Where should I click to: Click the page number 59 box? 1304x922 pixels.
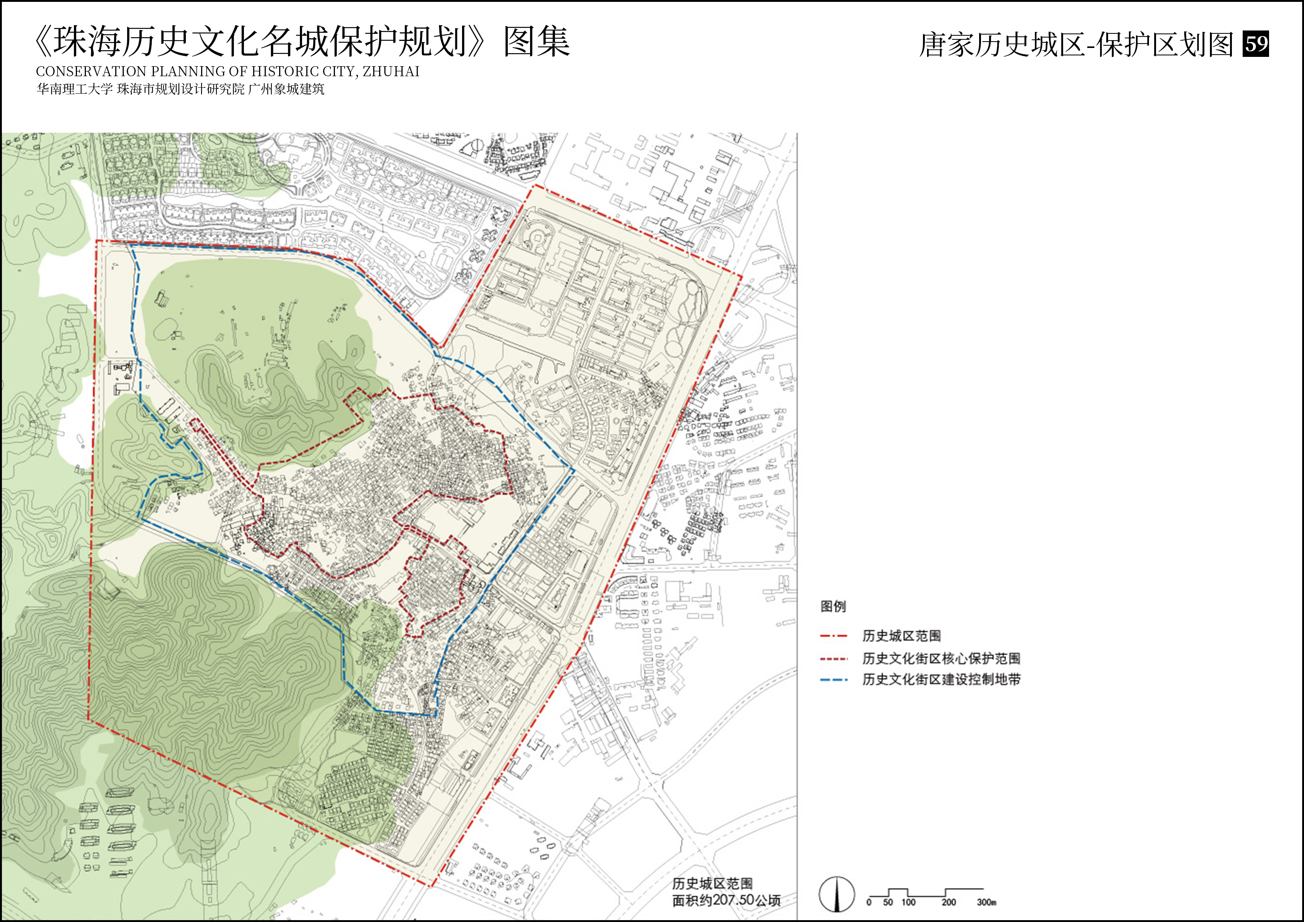click(x=1256, y=44)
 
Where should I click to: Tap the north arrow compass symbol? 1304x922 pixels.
click(x=837, y=894)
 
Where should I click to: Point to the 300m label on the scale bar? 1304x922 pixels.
click(x=987, y=902)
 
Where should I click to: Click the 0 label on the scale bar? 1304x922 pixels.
click(x=869, y=902)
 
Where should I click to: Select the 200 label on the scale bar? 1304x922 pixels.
click(x=949, y=902)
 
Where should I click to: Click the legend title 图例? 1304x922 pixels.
click(x=833, y=606)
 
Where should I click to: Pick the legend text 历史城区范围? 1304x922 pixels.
click(x=901, y=636)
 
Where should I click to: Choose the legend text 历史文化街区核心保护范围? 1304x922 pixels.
click(x=941, y=658)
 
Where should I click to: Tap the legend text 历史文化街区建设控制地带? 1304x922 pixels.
click(x=941, y=680)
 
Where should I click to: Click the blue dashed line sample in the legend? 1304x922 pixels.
click(x=834, y=680)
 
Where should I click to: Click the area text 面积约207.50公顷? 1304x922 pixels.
click(x=726, y=900)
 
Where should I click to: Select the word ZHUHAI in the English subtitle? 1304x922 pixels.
click(x=391, y=72)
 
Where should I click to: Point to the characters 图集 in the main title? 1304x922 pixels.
click(x=537, y=42)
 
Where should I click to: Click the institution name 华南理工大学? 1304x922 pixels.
click(x=74, y=89)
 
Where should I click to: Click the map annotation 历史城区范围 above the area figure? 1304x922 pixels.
click(x=712, y=883)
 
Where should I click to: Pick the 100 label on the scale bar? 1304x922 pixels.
click(x=908, y=902)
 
